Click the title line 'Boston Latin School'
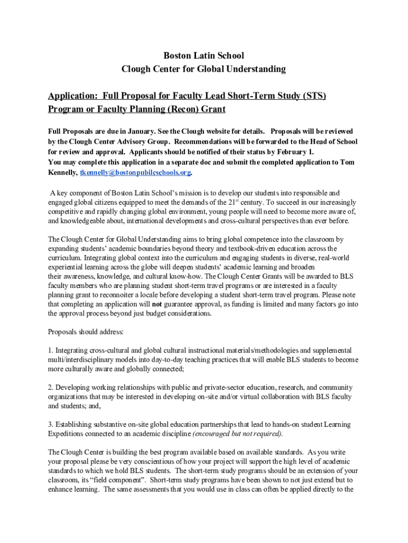point(204,55)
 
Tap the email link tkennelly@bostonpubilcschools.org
point(135,173)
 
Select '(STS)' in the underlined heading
point(312,96)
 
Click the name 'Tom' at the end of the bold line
point(347,162)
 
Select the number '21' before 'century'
point(232,202)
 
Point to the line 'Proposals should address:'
point(86,332)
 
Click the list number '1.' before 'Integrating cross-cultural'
point(50,351)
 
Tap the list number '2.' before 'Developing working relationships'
point(50,388)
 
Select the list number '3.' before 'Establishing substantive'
point(50,425)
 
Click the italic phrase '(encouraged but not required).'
point(237,434)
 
